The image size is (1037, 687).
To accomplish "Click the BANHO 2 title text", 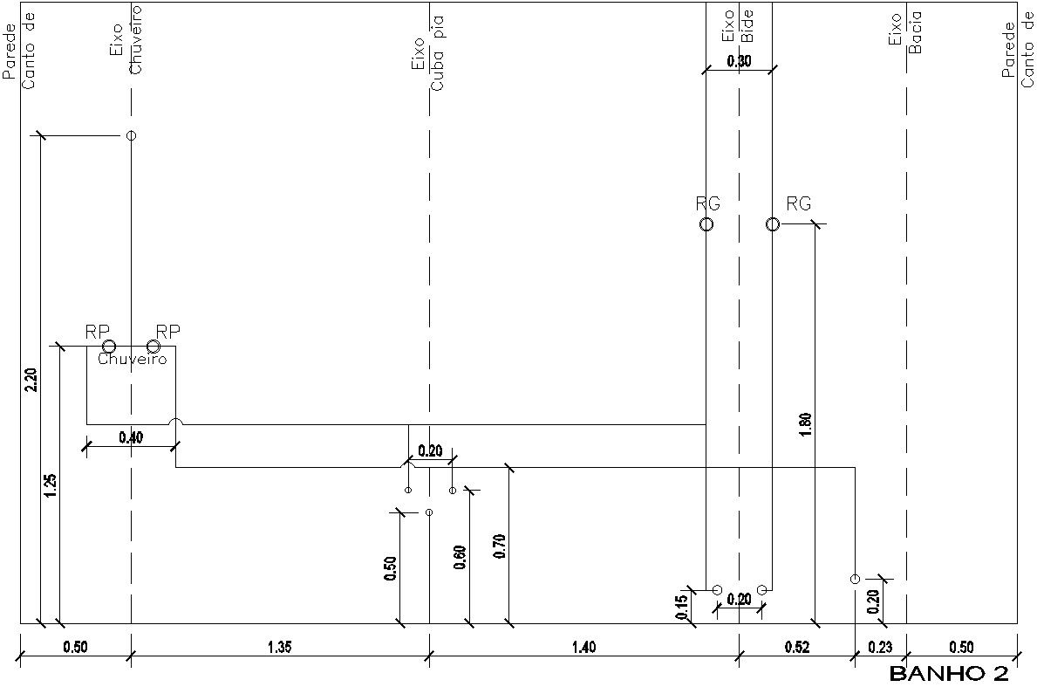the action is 948,674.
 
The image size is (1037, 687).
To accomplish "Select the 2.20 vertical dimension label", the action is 31,380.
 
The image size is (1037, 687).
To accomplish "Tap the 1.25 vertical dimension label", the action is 50,485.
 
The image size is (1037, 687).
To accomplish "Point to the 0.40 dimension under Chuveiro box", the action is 131,437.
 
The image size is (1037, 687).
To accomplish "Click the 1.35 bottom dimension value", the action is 279,647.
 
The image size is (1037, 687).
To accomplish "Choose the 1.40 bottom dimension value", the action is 583,647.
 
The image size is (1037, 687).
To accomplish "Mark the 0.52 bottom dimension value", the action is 796,647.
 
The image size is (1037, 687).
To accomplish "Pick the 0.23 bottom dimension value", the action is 880,647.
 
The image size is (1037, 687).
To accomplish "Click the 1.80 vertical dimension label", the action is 805,423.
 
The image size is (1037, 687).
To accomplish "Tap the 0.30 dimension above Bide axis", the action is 739,61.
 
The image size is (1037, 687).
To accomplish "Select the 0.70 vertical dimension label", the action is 500,545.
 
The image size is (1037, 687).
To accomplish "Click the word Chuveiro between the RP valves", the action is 132,360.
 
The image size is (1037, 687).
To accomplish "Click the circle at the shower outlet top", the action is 131,135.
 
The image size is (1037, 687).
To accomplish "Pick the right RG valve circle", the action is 773,224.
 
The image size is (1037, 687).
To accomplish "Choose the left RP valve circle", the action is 109,347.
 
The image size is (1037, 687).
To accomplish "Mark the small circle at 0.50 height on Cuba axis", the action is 429,512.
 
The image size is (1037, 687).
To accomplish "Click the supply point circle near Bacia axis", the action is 855,579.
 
